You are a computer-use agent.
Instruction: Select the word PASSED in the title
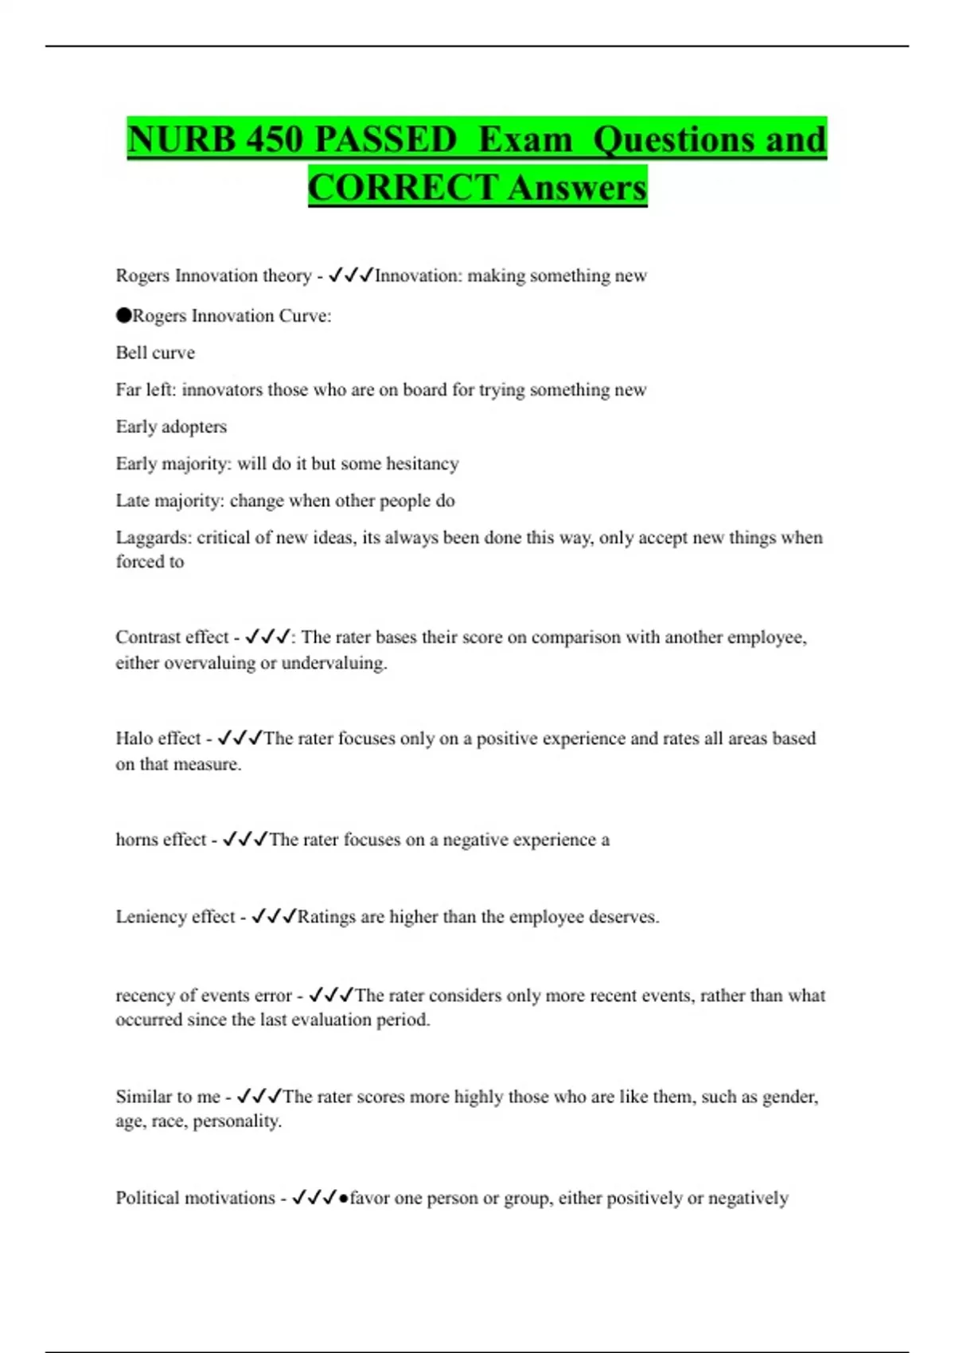[x=386, y=139]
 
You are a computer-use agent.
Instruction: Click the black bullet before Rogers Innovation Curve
[x=123, y=315]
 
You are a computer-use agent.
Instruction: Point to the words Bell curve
[x=155, y=353]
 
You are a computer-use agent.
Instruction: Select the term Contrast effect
[x=172, y=638]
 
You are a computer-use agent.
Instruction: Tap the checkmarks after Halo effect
[x=240, y=739]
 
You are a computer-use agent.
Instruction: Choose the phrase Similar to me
[x=168, y=1097]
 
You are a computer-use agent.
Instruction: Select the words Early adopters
[x=171, y=427]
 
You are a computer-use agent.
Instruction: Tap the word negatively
[x=748, y=1198]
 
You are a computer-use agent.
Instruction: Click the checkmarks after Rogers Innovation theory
[x=351, y=275]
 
